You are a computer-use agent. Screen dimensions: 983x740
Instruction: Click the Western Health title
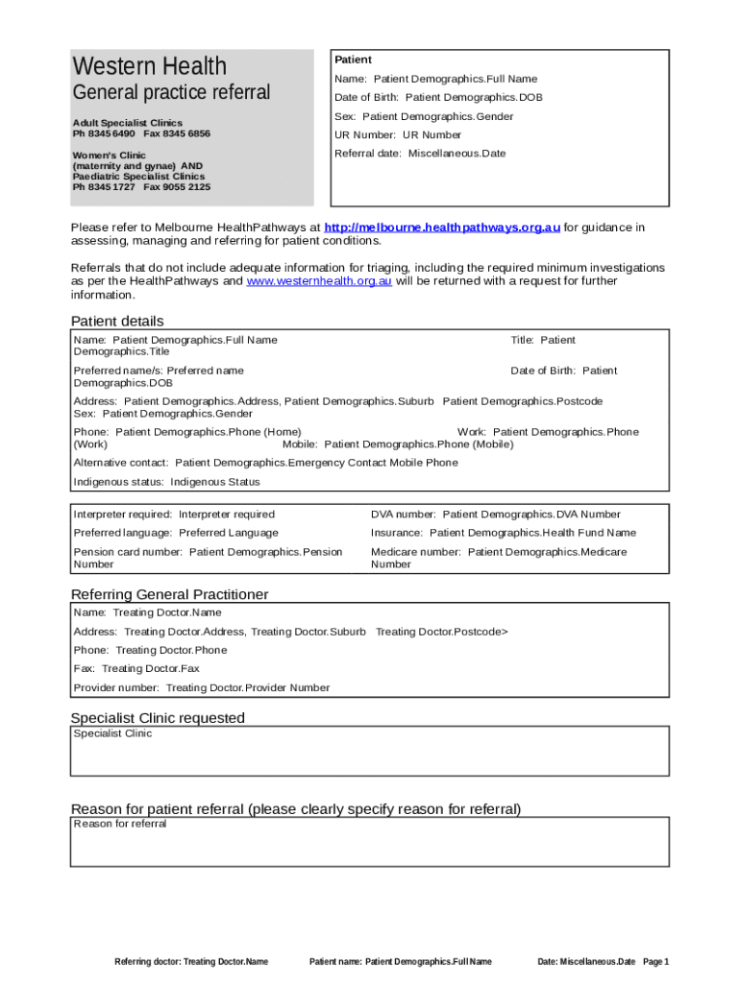[150, 66]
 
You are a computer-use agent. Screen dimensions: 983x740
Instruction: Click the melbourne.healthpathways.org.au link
[442, 228]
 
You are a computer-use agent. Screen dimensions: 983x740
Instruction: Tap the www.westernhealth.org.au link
[319, 281]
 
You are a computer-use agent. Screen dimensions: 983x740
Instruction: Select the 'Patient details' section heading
[117, 321]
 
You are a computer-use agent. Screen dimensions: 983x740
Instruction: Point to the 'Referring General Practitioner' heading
[170, 594]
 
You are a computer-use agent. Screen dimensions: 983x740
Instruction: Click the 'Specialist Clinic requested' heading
[158, 718]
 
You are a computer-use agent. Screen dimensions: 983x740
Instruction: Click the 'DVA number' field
[496, 515]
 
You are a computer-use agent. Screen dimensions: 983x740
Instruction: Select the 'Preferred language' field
[176, 533]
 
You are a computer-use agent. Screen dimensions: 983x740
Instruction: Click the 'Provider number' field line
[202, 687]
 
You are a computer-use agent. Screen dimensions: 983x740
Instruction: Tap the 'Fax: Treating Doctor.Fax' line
[136, 668]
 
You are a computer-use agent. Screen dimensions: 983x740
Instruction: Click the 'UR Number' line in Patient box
[398, 135]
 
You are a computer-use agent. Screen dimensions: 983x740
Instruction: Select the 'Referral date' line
[420, 154]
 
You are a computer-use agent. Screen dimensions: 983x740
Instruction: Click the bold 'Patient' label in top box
[353, 60]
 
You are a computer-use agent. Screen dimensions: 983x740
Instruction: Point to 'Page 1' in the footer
[655, 961]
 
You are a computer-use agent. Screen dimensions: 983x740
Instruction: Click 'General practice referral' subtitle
[172, 93]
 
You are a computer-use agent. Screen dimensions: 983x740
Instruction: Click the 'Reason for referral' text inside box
[120, 824]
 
